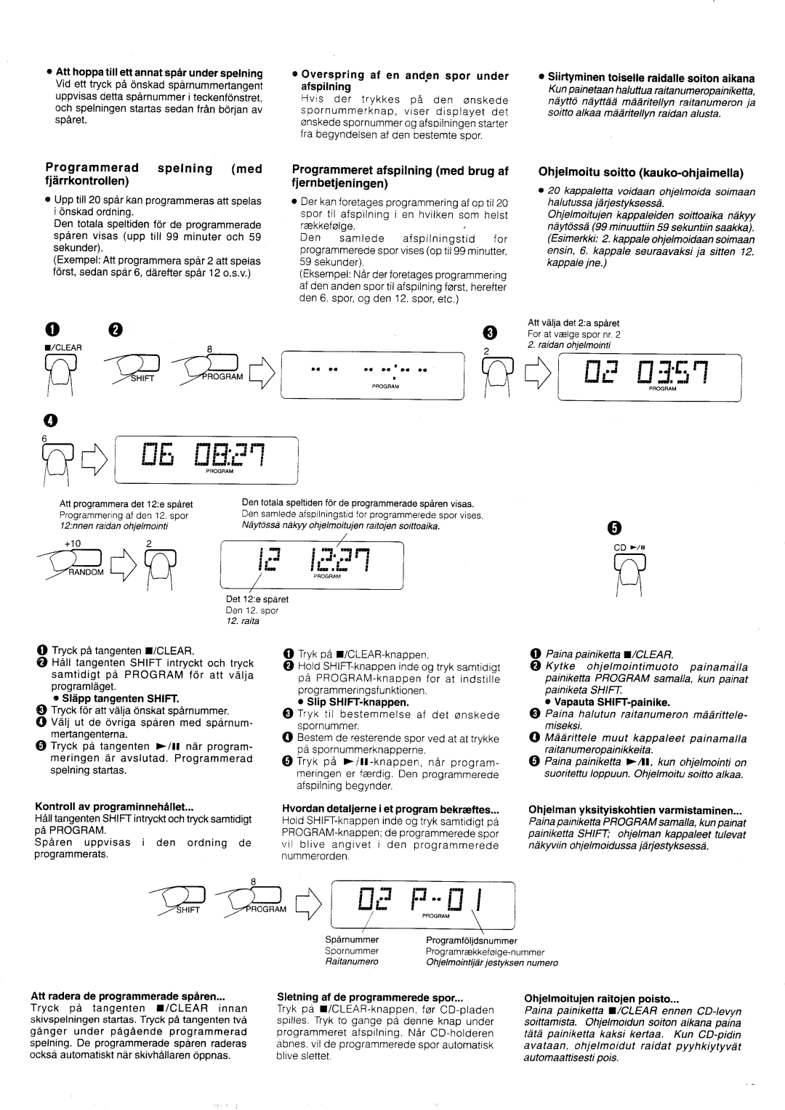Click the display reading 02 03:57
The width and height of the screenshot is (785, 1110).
648,375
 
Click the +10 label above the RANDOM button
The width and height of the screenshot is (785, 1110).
71,543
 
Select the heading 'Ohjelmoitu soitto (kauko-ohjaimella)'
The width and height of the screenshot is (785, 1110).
640,173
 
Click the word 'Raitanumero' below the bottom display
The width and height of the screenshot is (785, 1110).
352,962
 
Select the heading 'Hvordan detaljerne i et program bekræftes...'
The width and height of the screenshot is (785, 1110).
390,807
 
